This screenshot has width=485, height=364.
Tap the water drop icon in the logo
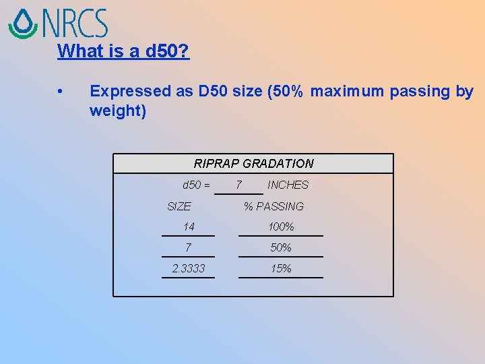coord(23,24)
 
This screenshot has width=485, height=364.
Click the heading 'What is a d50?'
coord(123,51)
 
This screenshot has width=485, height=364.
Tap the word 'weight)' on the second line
coord(117,111)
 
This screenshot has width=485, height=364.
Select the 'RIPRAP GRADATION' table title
coord(253,163)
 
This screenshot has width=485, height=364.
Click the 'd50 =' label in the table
coord(196,185)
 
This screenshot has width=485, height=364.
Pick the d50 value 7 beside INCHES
coord(238,185)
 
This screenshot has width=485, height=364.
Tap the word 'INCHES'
coord(288,185)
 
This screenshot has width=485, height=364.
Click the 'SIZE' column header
coord(179,206)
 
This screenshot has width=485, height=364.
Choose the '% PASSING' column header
coord(273,206)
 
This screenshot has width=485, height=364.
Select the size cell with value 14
coord(188,227)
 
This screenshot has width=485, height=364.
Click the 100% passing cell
coord(281,227)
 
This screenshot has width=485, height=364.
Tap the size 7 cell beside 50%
coord(188,248)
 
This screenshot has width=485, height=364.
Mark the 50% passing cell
coord(281,248)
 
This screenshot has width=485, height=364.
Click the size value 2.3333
coord(188,269)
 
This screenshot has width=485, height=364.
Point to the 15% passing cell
coord(281,269)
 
